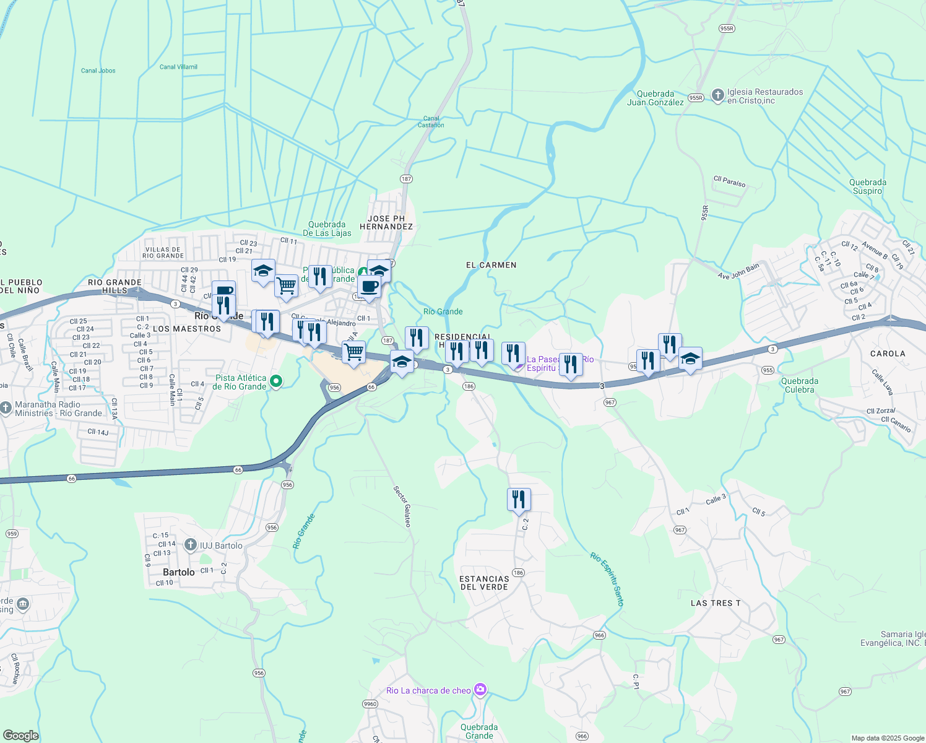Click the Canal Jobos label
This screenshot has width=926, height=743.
98,71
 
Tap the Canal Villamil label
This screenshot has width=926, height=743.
178,67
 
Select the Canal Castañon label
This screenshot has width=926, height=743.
431,121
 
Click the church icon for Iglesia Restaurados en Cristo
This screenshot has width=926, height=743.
717,95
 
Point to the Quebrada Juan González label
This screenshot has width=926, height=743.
655,98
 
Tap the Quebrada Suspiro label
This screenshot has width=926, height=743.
867,186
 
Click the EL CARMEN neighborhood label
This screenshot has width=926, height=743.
491,265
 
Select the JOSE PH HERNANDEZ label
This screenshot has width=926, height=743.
386,222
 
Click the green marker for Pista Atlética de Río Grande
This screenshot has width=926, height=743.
277,382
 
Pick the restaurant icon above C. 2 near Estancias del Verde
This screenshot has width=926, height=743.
519,499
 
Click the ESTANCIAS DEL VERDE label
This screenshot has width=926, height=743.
484,583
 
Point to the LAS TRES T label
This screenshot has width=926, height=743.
715,603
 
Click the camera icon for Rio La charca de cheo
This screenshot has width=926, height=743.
480,690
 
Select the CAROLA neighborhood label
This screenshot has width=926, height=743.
888,354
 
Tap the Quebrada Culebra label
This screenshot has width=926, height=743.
799,385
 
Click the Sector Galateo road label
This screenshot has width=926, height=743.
402,506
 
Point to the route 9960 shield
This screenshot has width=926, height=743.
370,704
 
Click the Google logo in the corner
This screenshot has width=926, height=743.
20,735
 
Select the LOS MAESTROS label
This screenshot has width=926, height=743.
186,329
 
